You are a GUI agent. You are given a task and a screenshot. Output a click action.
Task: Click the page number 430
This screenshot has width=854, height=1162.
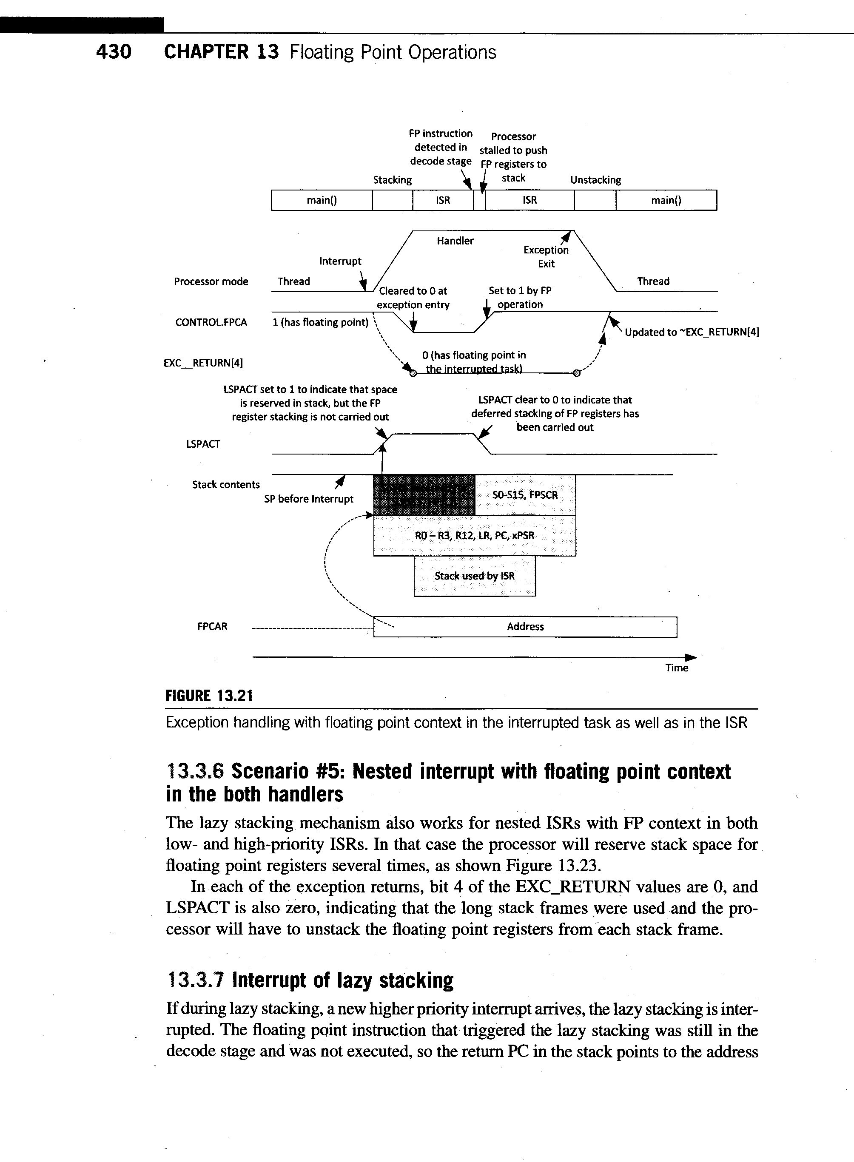114,52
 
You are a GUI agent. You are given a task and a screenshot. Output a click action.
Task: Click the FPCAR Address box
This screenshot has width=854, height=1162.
525,627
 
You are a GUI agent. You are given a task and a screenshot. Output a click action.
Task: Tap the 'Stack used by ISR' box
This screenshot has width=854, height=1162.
475,576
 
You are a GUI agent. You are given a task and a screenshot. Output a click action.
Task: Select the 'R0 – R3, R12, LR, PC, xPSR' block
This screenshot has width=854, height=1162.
475,536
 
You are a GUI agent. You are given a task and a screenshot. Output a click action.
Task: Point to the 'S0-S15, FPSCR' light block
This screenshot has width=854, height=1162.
525,495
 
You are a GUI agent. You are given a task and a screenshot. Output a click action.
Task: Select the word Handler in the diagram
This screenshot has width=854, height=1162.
455,241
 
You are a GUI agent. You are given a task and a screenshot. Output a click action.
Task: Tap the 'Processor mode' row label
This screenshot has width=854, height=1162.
211,281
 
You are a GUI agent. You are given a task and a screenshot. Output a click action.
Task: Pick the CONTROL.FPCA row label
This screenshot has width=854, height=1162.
211,322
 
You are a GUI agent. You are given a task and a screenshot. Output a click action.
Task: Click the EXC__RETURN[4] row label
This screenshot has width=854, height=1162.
203,363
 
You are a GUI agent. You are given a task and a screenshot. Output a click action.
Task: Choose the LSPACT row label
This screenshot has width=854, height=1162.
203,444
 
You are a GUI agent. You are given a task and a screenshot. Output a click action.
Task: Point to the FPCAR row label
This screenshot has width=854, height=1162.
212,627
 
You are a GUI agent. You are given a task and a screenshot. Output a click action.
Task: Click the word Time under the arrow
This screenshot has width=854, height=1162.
677,668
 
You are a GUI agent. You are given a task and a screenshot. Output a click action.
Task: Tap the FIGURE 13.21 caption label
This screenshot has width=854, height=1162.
209,696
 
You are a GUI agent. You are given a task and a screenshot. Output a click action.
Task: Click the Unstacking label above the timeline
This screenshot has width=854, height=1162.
595,180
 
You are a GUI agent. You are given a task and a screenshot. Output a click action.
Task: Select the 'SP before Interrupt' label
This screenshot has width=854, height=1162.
309,499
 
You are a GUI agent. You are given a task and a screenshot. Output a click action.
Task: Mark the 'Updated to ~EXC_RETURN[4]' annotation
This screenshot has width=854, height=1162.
692,332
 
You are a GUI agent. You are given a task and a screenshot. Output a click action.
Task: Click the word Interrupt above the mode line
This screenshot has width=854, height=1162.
340,261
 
